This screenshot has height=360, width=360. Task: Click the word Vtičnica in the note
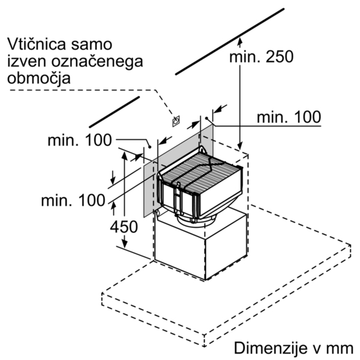coord(37,44)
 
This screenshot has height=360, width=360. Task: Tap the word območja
coord(39,79)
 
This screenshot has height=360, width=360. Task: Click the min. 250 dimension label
coord(262,57)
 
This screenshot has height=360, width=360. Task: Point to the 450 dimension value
coord(124,227)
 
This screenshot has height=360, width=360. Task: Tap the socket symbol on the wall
coord(176,121)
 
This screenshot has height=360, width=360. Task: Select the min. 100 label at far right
coord(289,117)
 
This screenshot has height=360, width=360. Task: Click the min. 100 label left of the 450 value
coord(73,200)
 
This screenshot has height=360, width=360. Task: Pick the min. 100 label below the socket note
coord(80,140)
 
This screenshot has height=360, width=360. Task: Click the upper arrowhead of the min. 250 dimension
coord(240,42)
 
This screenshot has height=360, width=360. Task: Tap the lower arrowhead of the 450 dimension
coord(124,243)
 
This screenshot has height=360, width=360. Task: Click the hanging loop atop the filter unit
coord(203,149)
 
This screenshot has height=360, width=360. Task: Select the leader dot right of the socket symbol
coord(206,118)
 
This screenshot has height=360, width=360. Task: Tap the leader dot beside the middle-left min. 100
coord(149,147)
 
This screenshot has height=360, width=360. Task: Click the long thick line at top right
coord(230,41)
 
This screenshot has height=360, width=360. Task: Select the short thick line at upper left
coord(115,112)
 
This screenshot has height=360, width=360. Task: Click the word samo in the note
coord(92,44)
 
